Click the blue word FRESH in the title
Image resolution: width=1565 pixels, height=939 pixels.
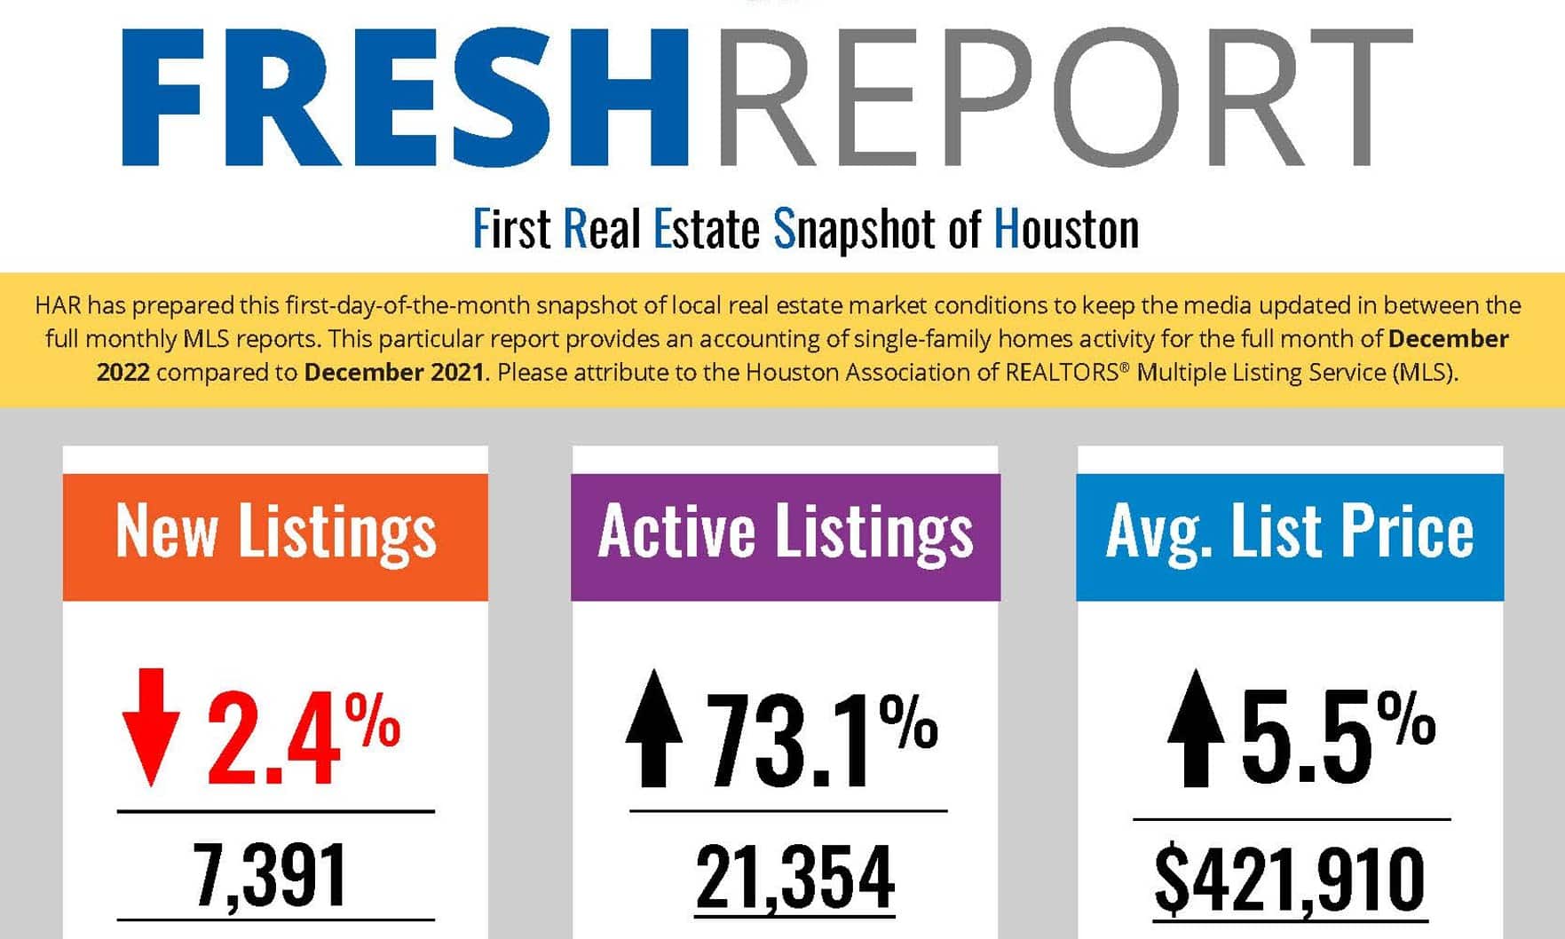(404, 98)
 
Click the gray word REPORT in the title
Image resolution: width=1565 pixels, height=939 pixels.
(1063, 98)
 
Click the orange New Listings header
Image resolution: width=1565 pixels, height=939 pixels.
(275, 536)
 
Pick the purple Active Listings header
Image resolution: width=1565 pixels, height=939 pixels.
(786, 536)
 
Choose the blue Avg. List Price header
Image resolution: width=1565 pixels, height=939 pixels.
(1290, 536)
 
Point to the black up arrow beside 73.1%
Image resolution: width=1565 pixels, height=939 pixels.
(654, 728)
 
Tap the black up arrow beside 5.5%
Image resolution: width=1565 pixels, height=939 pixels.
(1196, 728)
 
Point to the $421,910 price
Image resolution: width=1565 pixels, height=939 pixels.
(1290, 880)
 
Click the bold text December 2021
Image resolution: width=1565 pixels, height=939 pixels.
(394, 372)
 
